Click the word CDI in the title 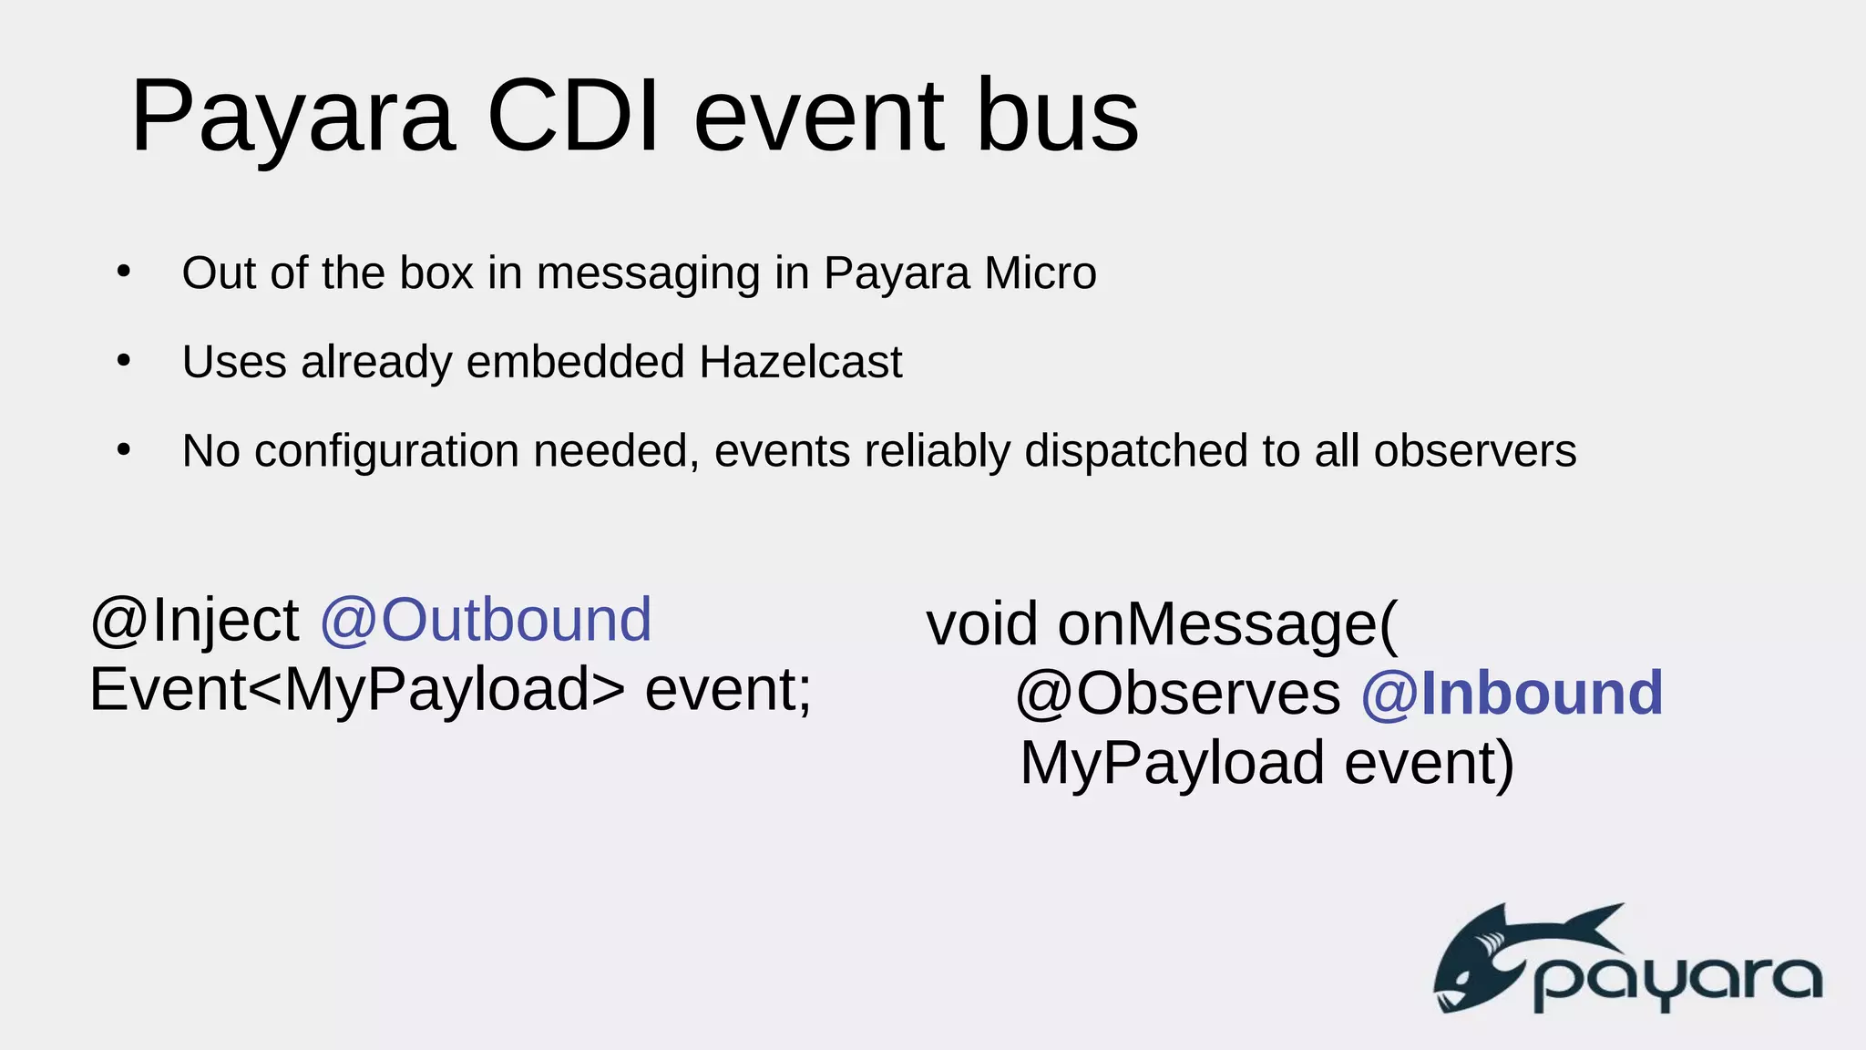573,117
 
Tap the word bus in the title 1057,117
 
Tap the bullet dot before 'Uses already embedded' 125,361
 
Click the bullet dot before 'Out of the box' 125,272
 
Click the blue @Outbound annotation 486,620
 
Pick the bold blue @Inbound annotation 1512,694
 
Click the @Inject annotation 194,621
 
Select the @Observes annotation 1177,694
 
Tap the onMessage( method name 1226,624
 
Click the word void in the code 981,624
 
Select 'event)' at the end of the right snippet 1429,763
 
